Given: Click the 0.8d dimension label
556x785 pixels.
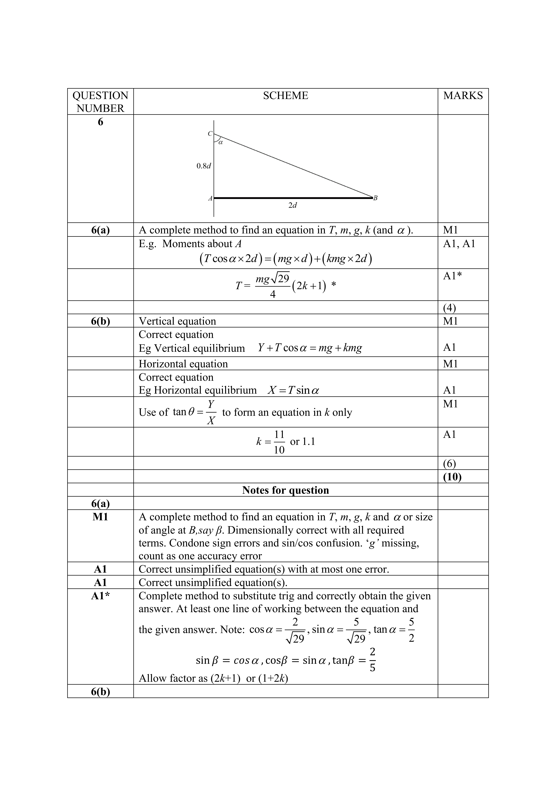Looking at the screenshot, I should pos(204,166).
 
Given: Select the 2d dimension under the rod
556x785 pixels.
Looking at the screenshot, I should pos(292,206).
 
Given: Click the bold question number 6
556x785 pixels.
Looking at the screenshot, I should pos(100,122).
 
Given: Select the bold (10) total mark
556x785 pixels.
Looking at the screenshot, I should pos(452,477).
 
